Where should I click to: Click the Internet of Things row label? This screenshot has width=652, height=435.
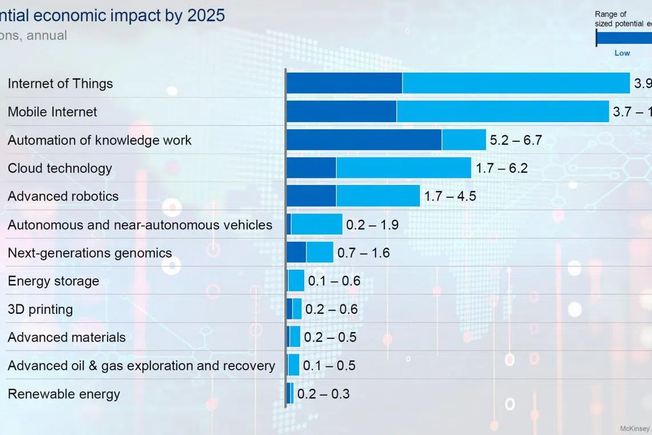click(x=60, y=84)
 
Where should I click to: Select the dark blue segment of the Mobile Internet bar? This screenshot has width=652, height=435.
click(x=341, y=112)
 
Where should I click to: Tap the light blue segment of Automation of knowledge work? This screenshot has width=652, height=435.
click(x=464, y=140)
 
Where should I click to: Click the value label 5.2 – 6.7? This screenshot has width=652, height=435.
click(x=515, y=140)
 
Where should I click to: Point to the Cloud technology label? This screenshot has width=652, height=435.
click(x=59, y=168)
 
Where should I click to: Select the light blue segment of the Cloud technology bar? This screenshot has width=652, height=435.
click(x=403, y=168)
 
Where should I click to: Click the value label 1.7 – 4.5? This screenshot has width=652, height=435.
click(x=450, y=196)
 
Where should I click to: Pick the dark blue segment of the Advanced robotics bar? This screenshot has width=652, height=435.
click(x=311, y=196)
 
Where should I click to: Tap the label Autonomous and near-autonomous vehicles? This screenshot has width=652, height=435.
click(x=140, y=225)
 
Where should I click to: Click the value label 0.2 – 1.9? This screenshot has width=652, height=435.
click(x=372, y=225)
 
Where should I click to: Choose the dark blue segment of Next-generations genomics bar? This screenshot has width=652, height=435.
click(x=296, y=252)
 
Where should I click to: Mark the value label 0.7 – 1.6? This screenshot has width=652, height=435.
click(x=363, y=253)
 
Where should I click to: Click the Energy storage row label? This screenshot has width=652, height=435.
click(x=53, y=281)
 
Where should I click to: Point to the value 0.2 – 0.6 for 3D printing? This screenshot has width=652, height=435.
click(x=331, y=310)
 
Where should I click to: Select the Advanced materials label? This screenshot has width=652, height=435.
click(x=66, y=338)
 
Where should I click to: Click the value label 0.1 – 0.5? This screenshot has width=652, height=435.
click(x=329, y=366)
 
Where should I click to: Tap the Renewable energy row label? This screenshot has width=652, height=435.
click(x=63, y=394)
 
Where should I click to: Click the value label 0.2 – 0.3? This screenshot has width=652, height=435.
click(x=323, y=394)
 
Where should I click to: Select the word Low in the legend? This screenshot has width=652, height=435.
click(x=622, y=53)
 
